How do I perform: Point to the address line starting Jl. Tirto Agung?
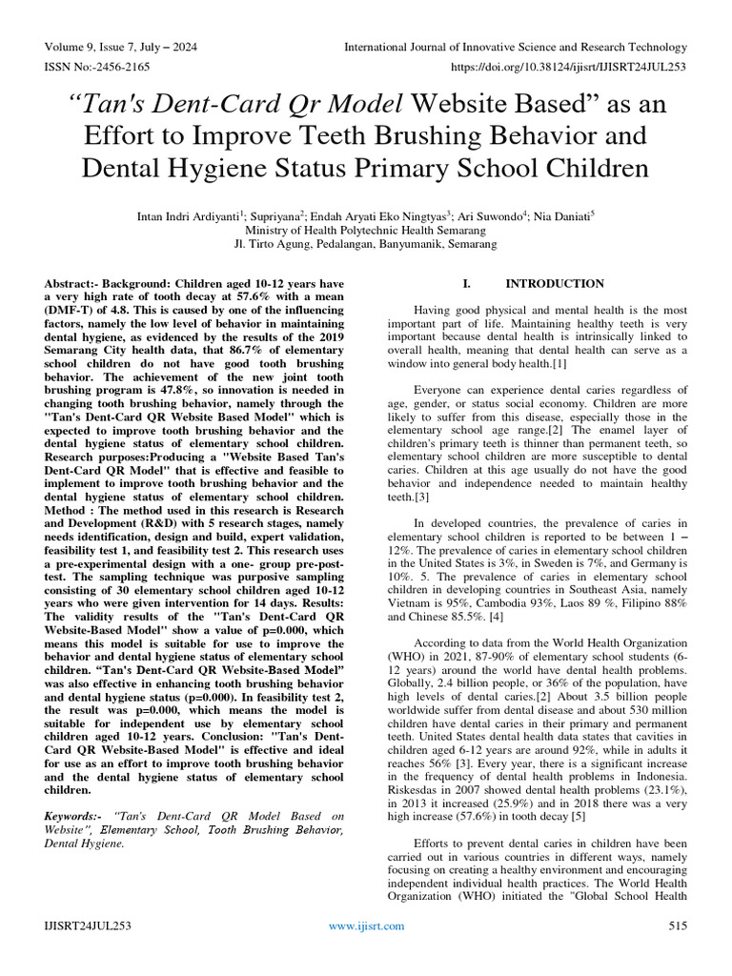point(366,244)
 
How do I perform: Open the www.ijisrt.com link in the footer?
point(366,925)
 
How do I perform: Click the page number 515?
point(677,925)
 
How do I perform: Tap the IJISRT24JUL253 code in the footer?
point(87,925)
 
